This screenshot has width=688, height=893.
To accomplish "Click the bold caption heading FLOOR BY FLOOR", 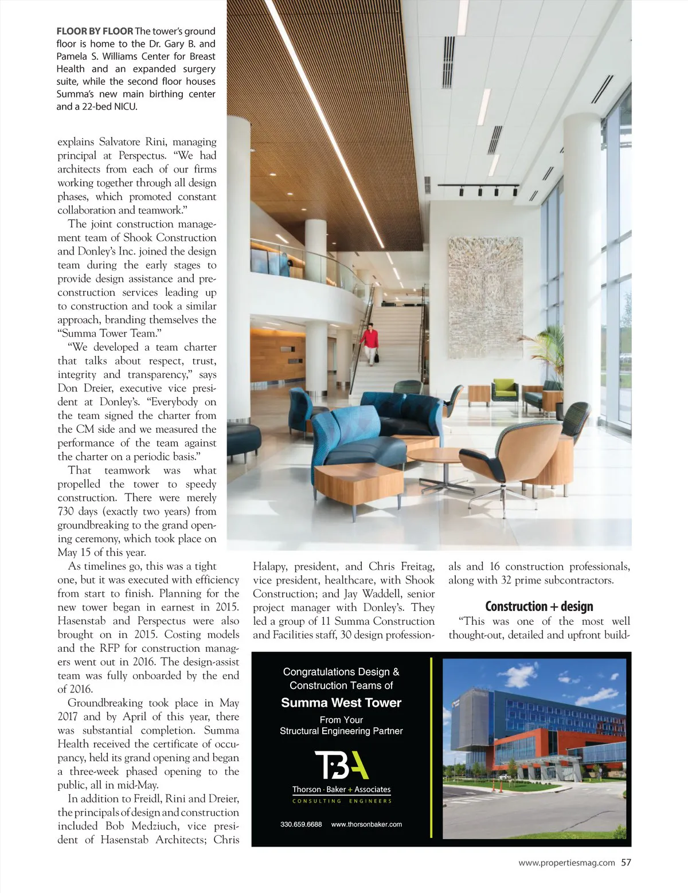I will (95, 31).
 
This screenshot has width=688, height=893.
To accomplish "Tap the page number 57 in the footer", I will (626, 862).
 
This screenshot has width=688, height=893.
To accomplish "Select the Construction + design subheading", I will (539, 606).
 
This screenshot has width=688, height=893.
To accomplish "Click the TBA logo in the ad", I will (341, 765).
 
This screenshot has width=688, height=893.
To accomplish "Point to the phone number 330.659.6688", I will (302, 824).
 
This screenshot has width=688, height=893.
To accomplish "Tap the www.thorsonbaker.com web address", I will (366, 824).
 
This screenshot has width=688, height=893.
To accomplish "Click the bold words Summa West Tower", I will (341, 703).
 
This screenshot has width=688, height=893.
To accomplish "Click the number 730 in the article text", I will (68, 511).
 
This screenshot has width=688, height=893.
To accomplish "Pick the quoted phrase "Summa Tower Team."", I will (107, 333).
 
